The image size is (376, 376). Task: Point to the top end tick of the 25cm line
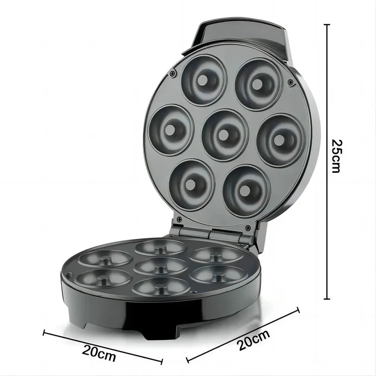pyautogui.click(x=327, y=24)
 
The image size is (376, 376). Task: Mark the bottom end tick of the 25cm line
pyautogui.click(x=327, y=299)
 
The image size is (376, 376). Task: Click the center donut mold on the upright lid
pyautogui.click(x=224, y=135)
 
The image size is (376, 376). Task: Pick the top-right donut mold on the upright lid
pyautogui.click(x=256, y=84)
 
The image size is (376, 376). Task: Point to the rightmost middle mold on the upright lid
pyautogui.click(x=280, y=140)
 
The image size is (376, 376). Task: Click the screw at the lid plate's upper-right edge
pyautogui.click(x=290, y=83)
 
